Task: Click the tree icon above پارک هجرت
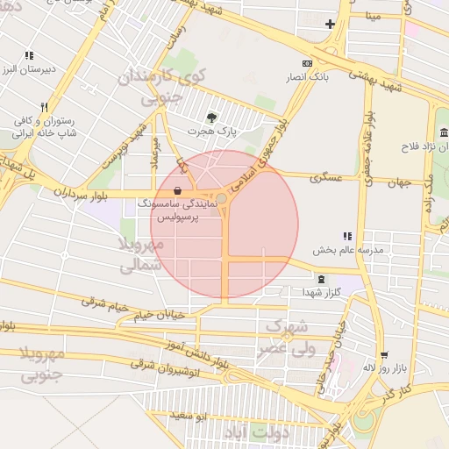(210, 117)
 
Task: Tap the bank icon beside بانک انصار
(306, 64)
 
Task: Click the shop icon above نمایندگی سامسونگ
(178, 189)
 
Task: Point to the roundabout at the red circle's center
(223, 200)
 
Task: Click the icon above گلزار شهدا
(321, 279)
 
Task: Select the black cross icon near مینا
(330, 24)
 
